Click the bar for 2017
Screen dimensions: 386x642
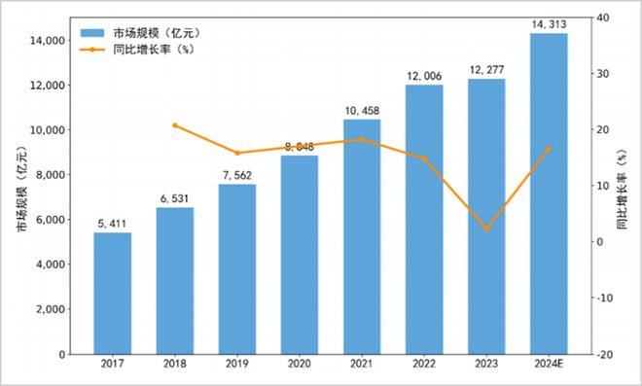112,293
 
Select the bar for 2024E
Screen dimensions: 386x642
549,193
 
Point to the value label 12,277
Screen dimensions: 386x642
486,69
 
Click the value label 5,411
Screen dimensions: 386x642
112,223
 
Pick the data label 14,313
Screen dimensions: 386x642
549,23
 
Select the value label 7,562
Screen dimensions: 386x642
236,175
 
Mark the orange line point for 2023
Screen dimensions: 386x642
486,228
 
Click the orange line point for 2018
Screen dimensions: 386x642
174,125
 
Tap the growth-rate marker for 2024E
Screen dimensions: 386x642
549,149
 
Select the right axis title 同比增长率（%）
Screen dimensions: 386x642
624,189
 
